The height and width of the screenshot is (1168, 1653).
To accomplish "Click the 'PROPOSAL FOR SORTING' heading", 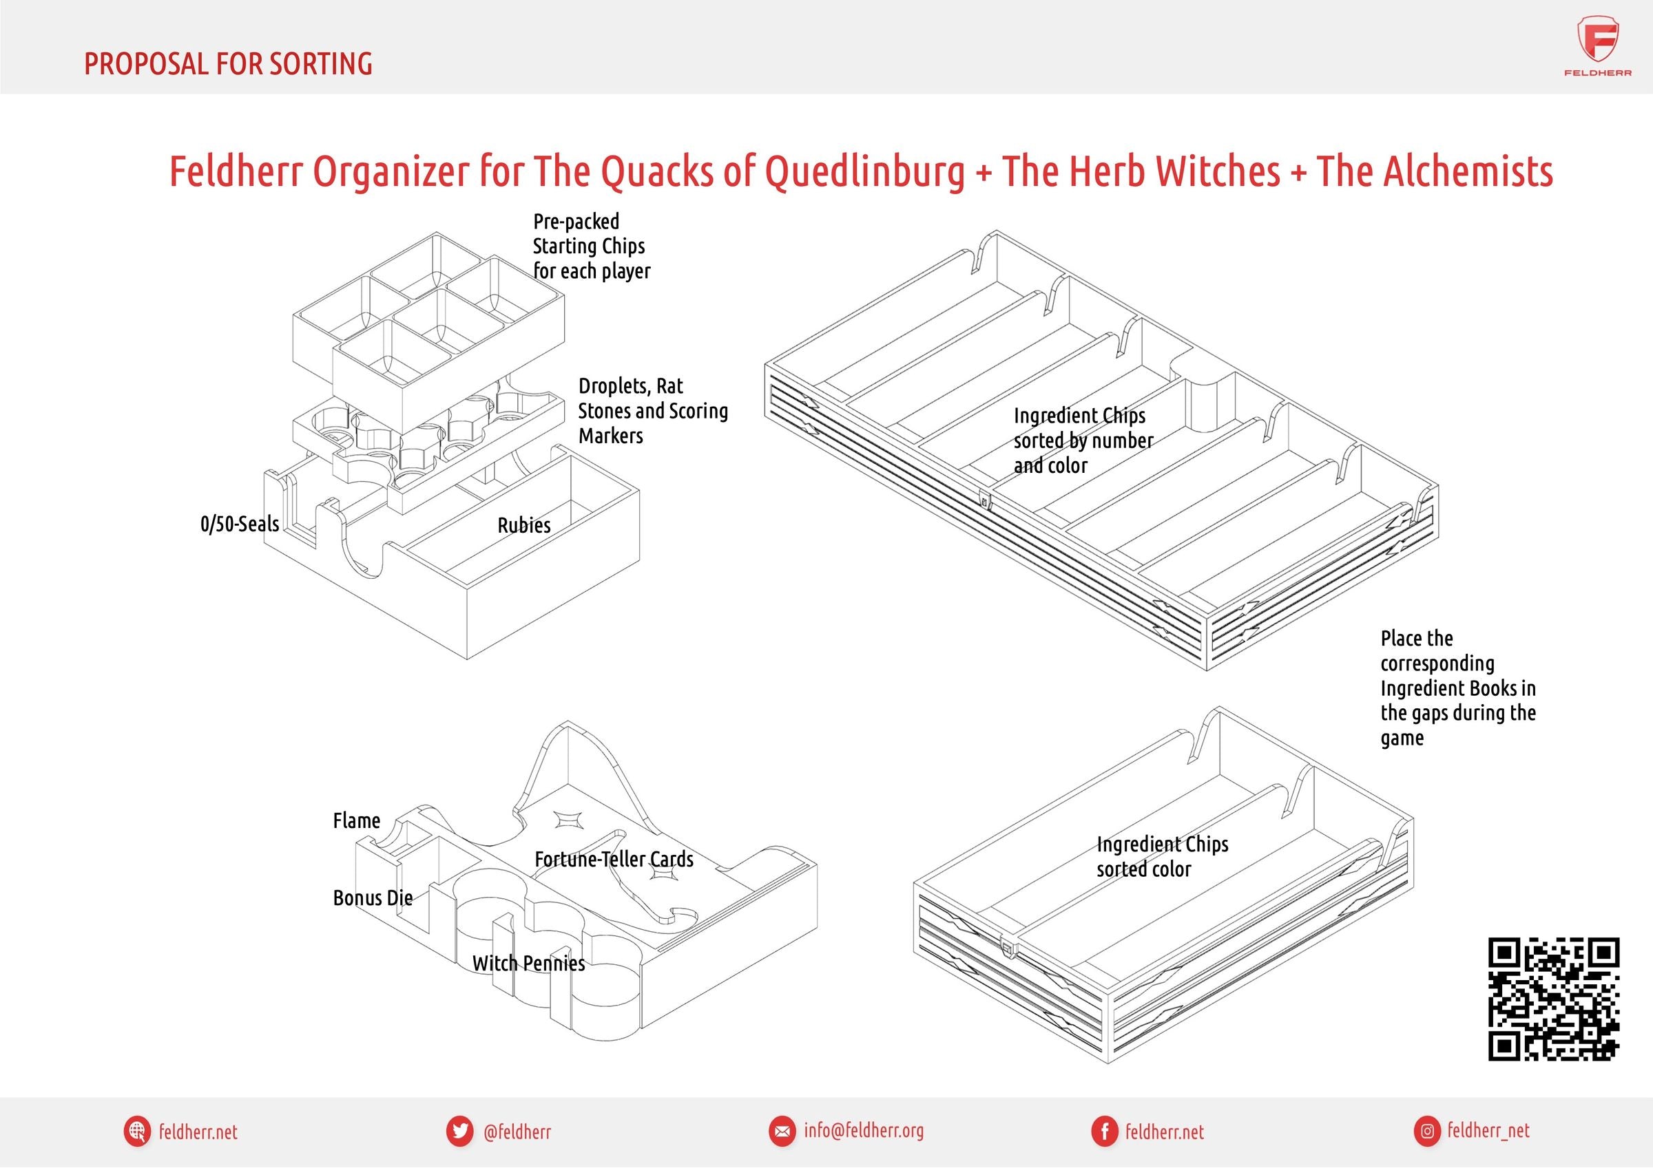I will pyautogui.click(x=228, y=64).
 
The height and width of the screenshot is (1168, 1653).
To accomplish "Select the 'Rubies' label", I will pyautogui.click(x=523, y=525).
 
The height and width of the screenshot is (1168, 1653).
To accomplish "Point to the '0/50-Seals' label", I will pyautogui.click(x=239, y=524).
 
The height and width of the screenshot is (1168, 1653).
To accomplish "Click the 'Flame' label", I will pyautogui.click(x=355, y=821).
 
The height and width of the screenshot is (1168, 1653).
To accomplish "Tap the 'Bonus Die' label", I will pyautogui.click(x=372, y=898).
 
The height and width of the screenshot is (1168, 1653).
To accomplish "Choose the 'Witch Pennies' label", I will pyautogui.click(x=528, y=964).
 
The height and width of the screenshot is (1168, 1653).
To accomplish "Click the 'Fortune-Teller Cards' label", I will pyautogui.click(x=614, y=859).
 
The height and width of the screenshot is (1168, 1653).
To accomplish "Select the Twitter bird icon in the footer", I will pyautogui.click(x=459, y=1132).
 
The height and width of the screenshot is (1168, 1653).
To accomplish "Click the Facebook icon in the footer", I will pyautogui.click(x=1103, y=1132).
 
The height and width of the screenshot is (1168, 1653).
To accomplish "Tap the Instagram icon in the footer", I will pyautogui.click(x=1427, y=1132).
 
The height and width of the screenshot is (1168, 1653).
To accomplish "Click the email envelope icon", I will pyautogui.click(x=780, y=1132).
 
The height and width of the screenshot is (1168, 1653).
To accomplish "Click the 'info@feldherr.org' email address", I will pyautogui.click(x=863, y=1131).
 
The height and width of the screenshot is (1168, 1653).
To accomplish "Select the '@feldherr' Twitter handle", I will pyautogui.click(x=517, y=1132).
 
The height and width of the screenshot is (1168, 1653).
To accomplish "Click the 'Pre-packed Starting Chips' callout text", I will pyautogui.click(x=590, y=246).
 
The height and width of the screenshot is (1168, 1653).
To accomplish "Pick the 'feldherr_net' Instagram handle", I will pyautogui.click(x=1488, y=1131).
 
